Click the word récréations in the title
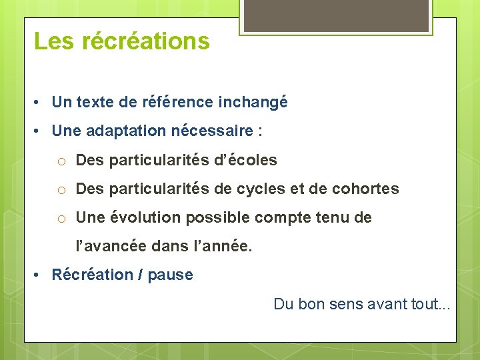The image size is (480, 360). tap(146, 41)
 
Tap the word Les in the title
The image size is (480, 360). tap(55, 41)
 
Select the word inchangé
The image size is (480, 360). tap(254, 102)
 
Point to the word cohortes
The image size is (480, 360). tap(365, 189)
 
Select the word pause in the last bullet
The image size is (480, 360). tap(171, 275)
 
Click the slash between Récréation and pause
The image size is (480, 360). tap(141, 275)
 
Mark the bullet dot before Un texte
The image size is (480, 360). tap(39, 103)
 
